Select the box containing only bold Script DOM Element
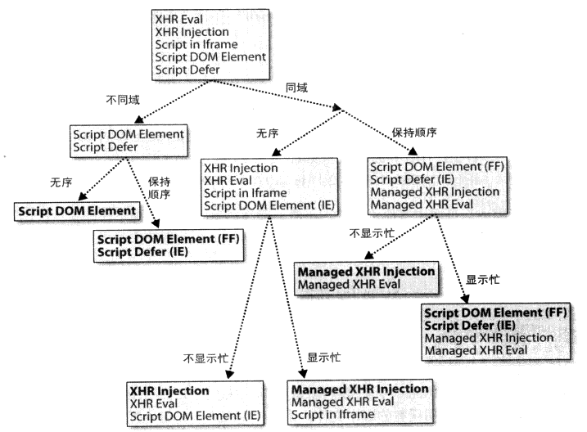point(75,211)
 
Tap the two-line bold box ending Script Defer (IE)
point(162,244)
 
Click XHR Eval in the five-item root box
point(178,19)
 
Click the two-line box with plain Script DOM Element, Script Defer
point(129,140)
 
